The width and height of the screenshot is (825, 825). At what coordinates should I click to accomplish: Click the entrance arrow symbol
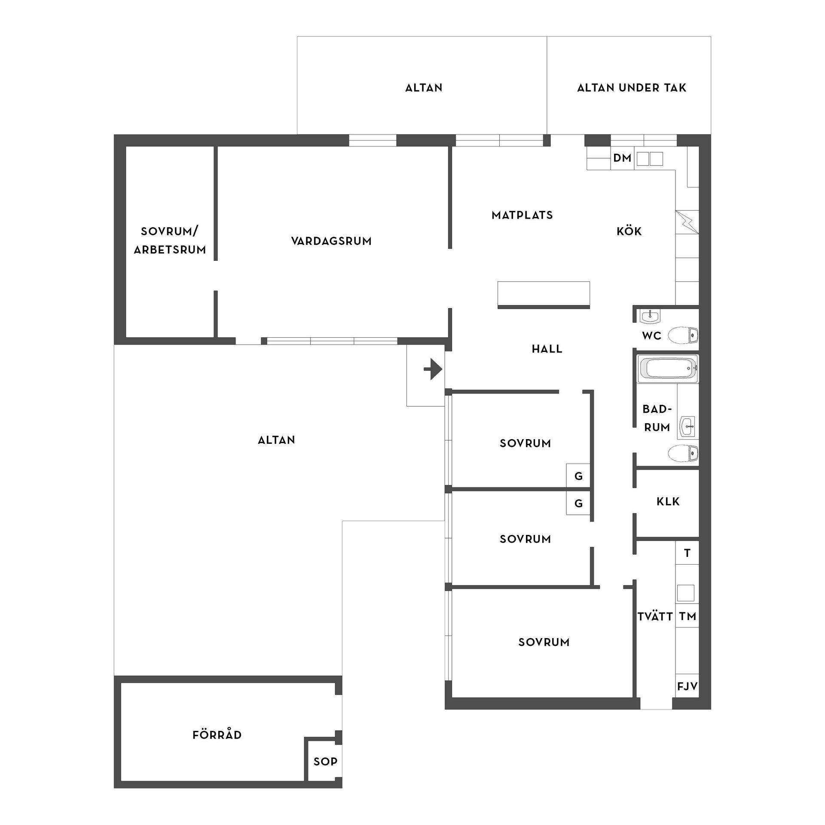coord(433,369)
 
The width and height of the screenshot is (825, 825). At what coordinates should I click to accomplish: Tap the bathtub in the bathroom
coord(667,369)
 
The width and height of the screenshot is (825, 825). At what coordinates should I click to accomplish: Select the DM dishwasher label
coord(622,158)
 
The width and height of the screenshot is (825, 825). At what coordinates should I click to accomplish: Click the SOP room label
coord(325,762)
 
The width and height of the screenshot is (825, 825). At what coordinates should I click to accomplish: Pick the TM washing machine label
coord(687,617)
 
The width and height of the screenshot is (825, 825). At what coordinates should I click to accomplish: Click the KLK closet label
coord(668,501)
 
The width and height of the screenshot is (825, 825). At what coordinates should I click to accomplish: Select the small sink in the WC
coord(650,316)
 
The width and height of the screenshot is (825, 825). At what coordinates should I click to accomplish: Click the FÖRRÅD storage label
coord(217,735)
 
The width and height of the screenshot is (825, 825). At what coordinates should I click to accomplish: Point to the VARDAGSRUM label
coord(331,241)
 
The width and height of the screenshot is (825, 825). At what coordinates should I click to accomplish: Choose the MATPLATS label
coord(522,215)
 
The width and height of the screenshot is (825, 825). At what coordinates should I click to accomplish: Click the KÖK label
coord(629,231)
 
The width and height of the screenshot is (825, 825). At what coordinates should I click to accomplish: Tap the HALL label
coord(547,349)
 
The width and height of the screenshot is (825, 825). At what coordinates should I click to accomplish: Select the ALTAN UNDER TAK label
coord(632,88)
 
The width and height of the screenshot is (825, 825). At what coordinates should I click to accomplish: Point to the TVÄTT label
coord(655,616)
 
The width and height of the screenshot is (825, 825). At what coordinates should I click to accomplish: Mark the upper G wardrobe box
coord(578,476)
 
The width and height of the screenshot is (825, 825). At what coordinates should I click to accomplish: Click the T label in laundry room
coord(687,553)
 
